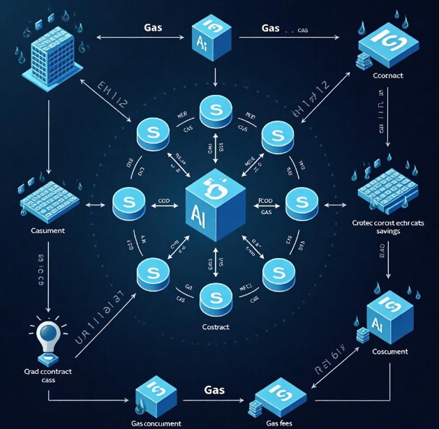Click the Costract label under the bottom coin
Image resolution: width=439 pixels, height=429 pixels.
(x=215, y=326)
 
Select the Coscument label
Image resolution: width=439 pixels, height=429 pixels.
(x=389, y=351)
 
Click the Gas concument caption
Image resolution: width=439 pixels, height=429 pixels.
(x=156, y=423)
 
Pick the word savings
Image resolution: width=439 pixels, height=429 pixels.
(x=388, y=231)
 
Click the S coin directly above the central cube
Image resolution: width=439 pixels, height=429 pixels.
(x=215, y=111)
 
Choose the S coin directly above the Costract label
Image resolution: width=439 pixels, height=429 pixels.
(x=215, y=298)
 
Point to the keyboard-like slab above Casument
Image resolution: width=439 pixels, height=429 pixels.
(x=44, y=201)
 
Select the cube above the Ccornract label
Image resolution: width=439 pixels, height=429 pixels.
(x=387, y=45)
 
